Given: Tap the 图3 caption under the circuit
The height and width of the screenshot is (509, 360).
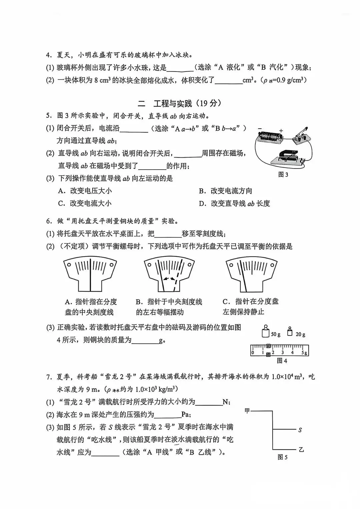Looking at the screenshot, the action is click(x=283, y=175).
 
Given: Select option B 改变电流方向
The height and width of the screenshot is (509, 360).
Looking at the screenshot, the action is click(x=225, y=191).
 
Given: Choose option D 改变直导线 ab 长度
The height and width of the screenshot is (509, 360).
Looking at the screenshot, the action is click(x=234, y=204).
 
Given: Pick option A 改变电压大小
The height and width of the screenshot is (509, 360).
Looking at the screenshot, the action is click(x=85, y=191).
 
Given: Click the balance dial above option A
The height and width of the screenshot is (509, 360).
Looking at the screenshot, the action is click(x=90, y=273).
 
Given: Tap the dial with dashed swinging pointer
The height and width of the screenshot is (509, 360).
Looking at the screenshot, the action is click(x=169, y=273).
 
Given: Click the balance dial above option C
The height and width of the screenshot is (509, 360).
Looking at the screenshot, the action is click(x=252, y=273).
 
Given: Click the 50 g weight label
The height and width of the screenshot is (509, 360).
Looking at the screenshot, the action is click(x=276, y=334).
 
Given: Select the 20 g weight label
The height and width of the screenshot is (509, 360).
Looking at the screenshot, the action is click(x=300, y=334).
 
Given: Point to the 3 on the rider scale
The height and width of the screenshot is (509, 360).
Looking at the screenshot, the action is click(x=282, y=352).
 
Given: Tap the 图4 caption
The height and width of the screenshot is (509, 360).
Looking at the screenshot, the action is click(x=282, y=361).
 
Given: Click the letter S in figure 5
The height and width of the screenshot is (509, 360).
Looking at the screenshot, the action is click(x=300, y=430).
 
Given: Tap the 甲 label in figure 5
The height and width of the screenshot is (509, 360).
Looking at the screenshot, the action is click(x=247, y=411).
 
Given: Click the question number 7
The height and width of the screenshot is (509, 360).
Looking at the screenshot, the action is click(x=49, y=377).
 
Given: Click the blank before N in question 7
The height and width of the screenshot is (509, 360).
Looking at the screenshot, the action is click(x=209, y=402).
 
